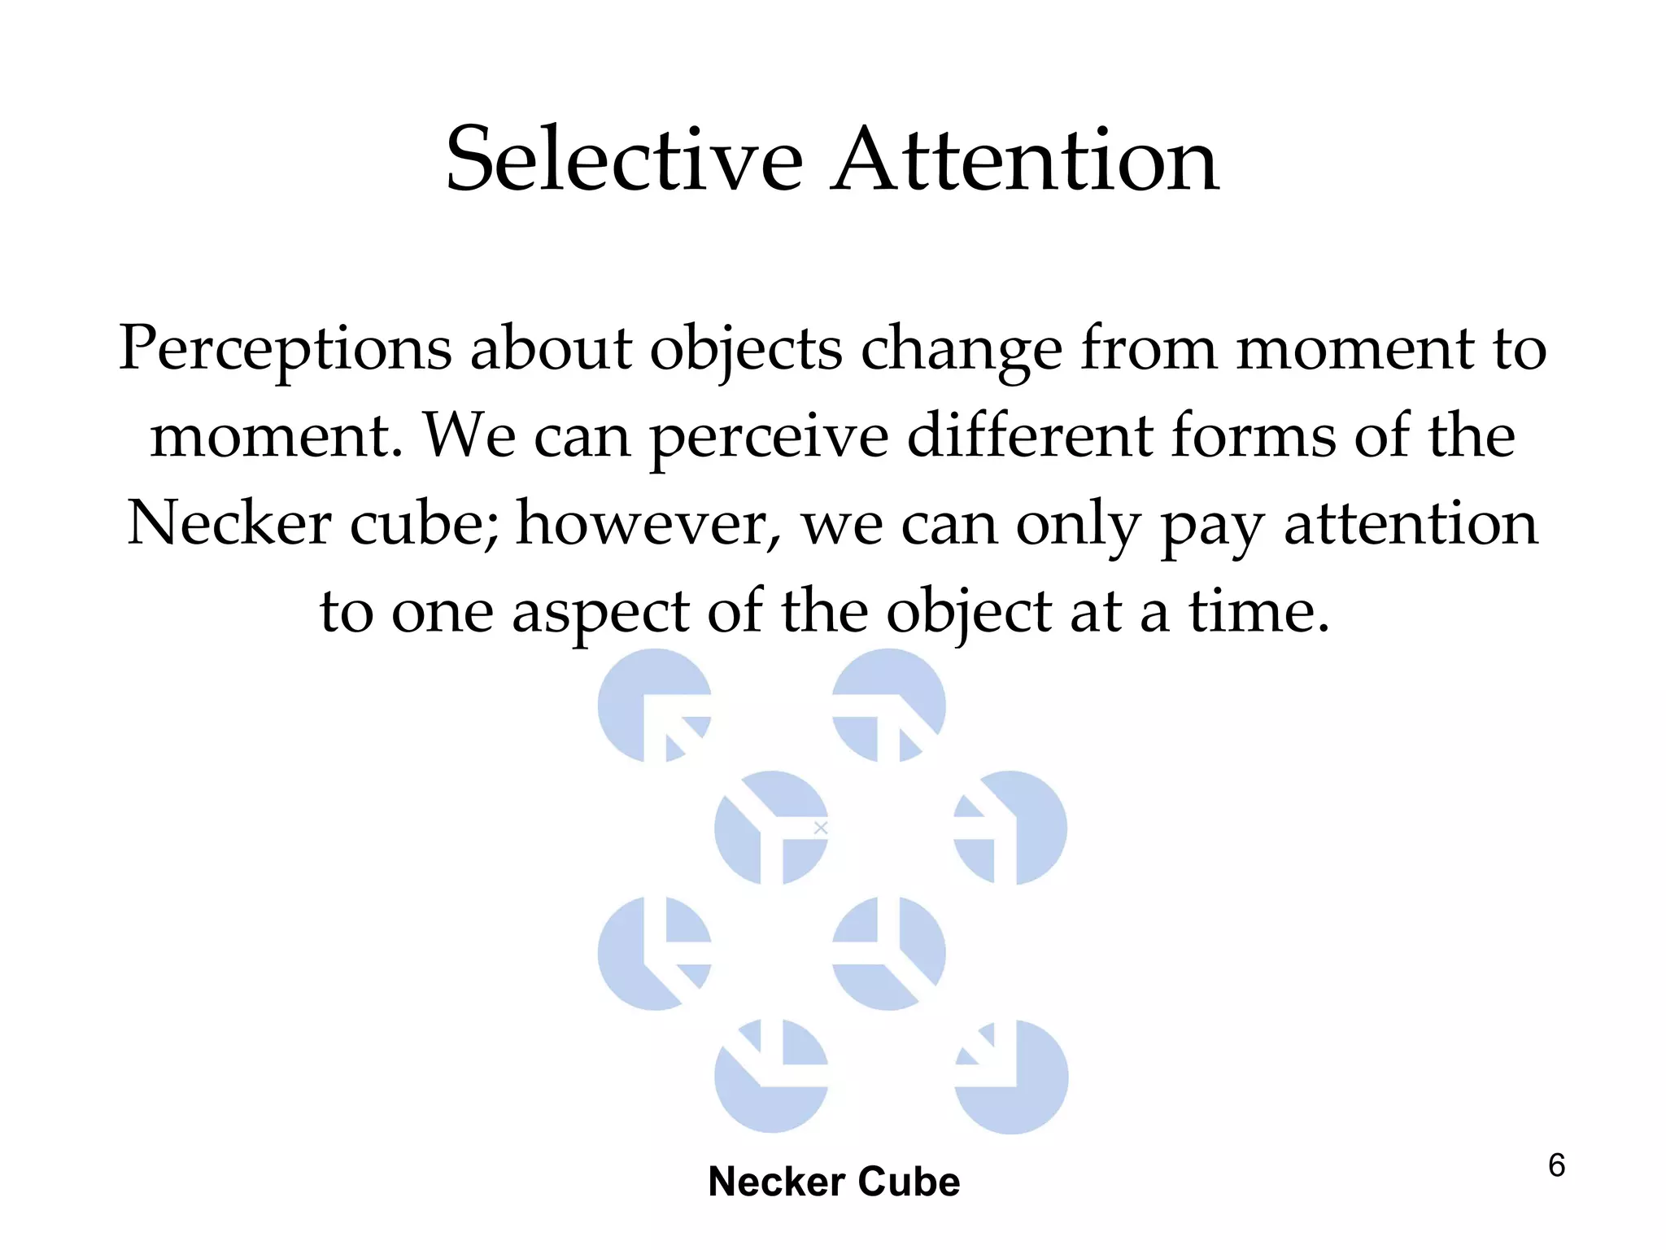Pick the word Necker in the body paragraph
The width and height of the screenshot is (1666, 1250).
[x=229, y=523]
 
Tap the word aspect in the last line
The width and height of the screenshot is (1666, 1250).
[x=600, y=612]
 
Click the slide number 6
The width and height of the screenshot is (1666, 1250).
[x=1556, y=1165]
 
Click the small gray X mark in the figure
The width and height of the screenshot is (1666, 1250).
[x=821, y=828]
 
